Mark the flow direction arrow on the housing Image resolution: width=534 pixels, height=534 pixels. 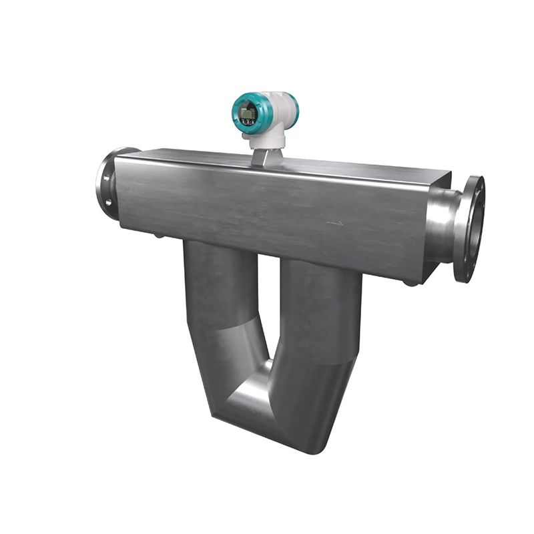coord(334,224)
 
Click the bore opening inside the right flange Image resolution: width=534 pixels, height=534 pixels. coord(476,227)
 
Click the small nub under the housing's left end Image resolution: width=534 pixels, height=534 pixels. coord(158,235)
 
